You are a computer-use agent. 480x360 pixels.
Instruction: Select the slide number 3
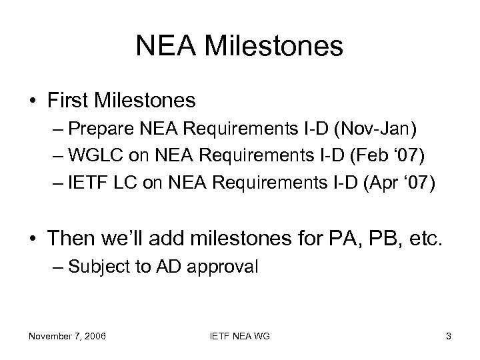(x=449, y=336)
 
